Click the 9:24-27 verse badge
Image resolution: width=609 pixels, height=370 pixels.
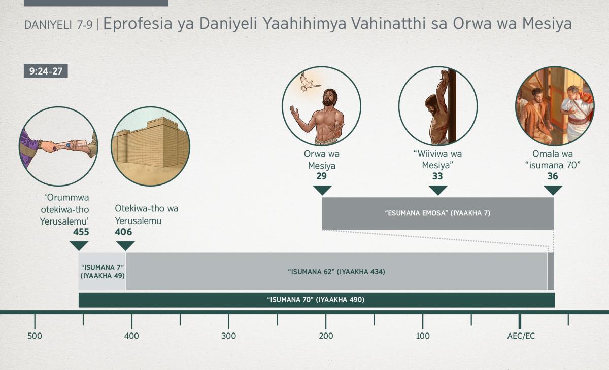[x=46, y=71]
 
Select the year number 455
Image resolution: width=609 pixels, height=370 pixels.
[x=81, y=232]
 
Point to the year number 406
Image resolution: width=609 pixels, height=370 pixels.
[x=123, y=232]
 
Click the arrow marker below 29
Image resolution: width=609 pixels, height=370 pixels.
[x=322, y=190]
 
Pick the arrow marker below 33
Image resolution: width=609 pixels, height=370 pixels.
[x=438, y=190]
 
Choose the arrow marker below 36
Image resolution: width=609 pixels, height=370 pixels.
[x=553, y=190]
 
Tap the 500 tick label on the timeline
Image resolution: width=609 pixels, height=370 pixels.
[x=35, y=336]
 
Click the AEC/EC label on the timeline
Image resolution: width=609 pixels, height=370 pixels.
[x=521, y=336]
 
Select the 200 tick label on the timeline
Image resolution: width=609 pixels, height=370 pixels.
[x=326, y=336]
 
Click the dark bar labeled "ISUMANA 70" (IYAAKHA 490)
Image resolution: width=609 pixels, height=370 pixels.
[x=317, y=300]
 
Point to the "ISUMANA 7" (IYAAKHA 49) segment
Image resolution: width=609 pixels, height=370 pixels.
[x=102, y=272]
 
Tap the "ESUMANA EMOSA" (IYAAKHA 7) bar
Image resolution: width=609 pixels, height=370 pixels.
[x=438, y=213]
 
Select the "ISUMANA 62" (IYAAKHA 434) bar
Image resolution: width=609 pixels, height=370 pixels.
[x=336, y=272]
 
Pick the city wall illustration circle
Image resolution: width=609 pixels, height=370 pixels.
[x=150, y=146]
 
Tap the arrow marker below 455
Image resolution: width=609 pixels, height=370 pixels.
[x=79, y=246]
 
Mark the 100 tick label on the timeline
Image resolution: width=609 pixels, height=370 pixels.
[x=423, y=336]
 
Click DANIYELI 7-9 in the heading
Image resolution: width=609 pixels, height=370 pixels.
[x=58, y=25]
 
